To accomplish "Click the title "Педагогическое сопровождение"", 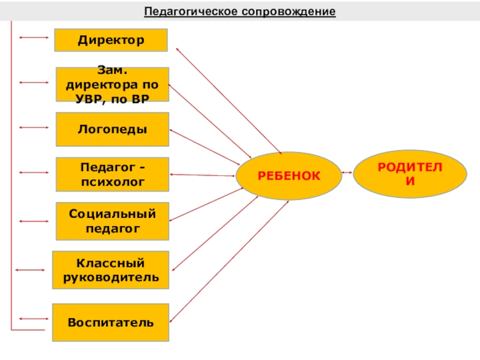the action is pyautogui.click(x=240, y=12).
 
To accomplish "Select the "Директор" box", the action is pyautogui.click(x=111, y=40).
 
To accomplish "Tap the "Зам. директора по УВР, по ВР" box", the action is pyautogui.click(x=112, y=85).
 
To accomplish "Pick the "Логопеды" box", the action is pyautogui.click(x=112, y=129).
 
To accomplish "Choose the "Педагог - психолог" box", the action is pyautogui.click(x=112, y=174).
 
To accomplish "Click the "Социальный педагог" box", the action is pyautogui.click(x=112, y=221).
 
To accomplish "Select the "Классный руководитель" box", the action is pyautogui.click(x=111, y=270).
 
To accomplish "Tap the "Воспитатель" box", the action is pyautogui.click(x=110, y=322).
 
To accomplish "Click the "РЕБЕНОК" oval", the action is pyautogui.click(x=289, y=175).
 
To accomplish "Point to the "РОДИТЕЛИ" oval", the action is pyautogui.click(x=410, y=173).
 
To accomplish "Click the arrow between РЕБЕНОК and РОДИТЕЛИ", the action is pyautogui.click(x=346, y=173).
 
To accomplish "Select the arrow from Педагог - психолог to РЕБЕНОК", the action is pyautogui.click(x=203, y=175).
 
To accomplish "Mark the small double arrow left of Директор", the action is pyautogui.click(x=34, y=38).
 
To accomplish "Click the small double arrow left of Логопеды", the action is pyautogui.click(x=34, y=128).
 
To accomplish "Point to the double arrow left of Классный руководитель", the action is pyautogui.click(x=29, y=271).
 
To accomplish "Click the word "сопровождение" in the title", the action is pyautogui.click(x=289, y=12).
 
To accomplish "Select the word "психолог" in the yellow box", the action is pyautogui.click(x=112, y=181).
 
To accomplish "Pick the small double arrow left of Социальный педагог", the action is pyautogui.click(x=34, y=221).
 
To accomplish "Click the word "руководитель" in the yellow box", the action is pyautogui.click(x=111, y=277).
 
